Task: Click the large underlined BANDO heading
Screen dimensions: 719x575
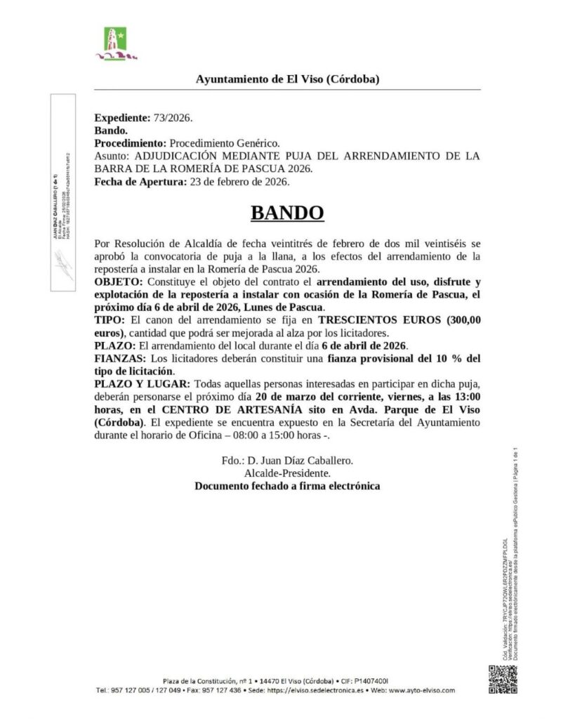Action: [287, 213]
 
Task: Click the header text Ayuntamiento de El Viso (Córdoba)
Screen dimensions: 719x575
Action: [287, 79]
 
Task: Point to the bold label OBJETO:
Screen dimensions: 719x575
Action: [117, 281]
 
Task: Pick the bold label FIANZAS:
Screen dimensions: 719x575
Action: [119, 359]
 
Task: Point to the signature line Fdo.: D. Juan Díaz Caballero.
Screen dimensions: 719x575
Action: [287, 461]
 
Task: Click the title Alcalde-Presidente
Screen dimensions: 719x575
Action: [287, 473]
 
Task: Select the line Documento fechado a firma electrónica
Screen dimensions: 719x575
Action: [287, 486]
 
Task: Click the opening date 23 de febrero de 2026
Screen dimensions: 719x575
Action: [238, 183]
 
